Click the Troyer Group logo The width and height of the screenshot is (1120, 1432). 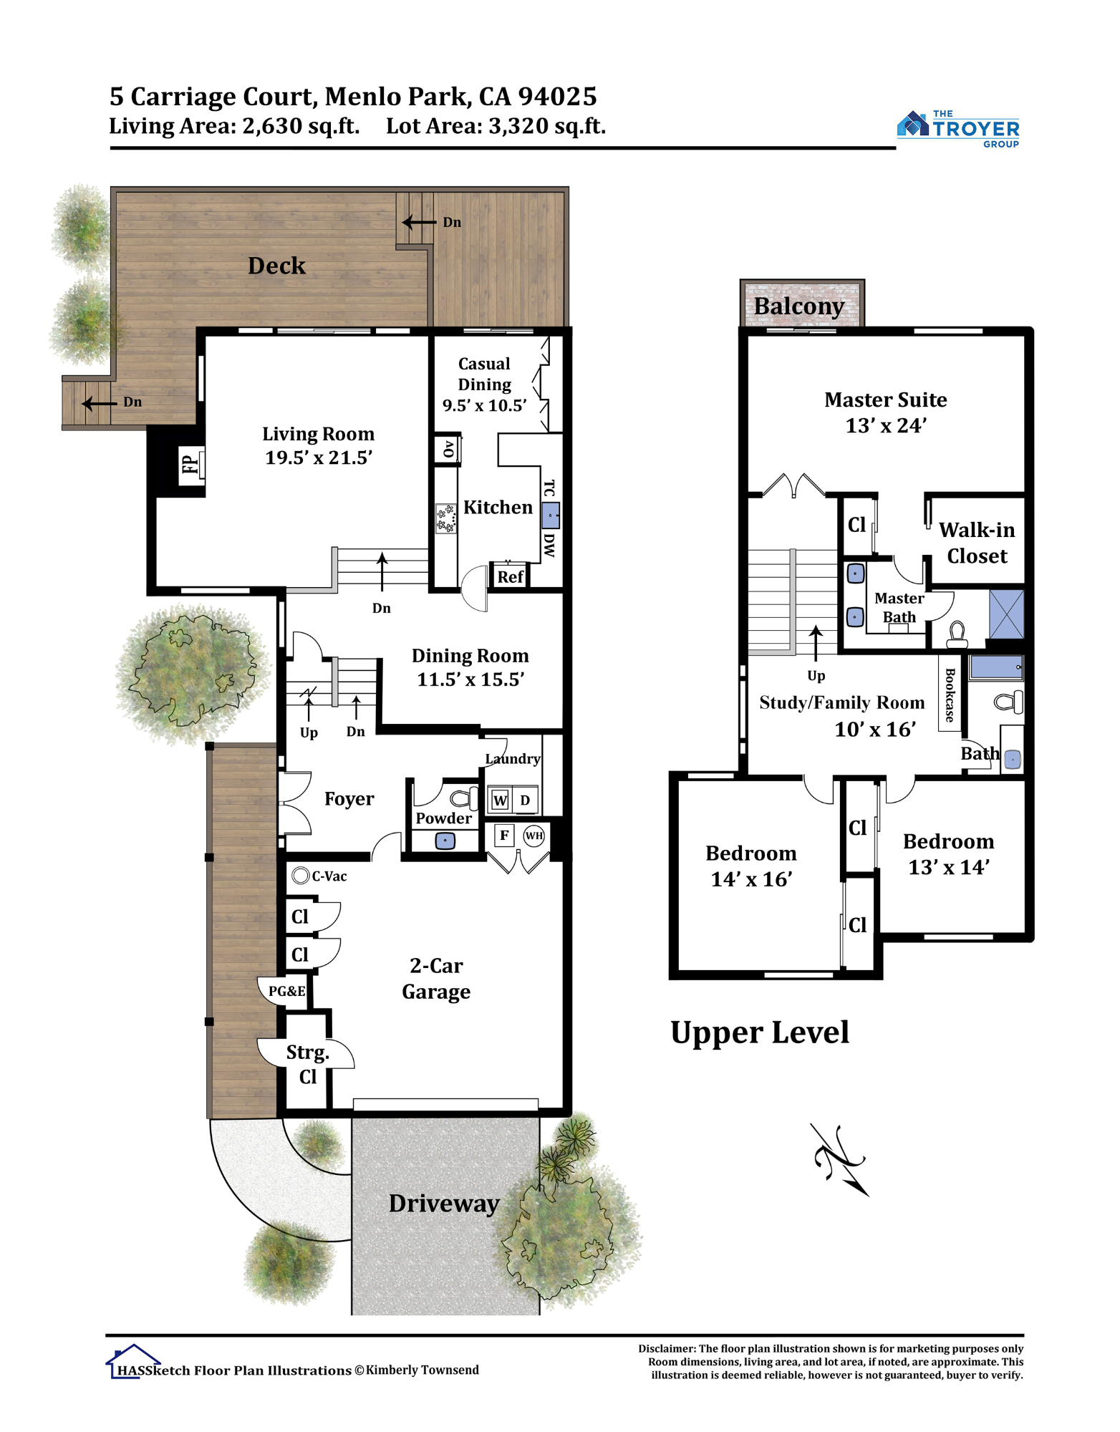click(x=957, y=129)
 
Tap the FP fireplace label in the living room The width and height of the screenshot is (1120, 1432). click(x=190, y=465)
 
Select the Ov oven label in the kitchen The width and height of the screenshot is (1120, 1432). click(x=448, y=450)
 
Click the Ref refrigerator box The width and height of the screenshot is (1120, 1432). click(x=510, y=576)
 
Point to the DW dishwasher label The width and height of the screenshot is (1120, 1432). click(x=549, y=545)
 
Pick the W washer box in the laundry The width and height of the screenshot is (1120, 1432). click(x=500, y=800)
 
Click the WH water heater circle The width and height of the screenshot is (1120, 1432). click(x=534, y=836)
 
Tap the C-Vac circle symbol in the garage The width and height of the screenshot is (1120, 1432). click(x=301, y=875)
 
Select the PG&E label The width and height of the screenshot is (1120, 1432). click(x=287, y=991)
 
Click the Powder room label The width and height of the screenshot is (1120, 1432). click(x=443, y=818)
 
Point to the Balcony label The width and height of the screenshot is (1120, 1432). click(x=799, y=306)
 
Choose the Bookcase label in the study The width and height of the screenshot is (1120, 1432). click(x=950, y=695)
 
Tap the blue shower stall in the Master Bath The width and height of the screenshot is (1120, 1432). click(x=1006, y=614)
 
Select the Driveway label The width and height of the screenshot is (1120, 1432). click(x=444, y=1203)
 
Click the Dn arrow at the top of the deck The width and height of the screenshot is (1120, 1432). click(x=419, y=222)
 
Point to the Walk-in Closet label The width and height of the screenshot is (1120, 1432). click(x=977, y=543)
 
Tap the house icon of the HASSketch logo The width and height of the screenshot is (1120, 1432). click(x=132, y=1360)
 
